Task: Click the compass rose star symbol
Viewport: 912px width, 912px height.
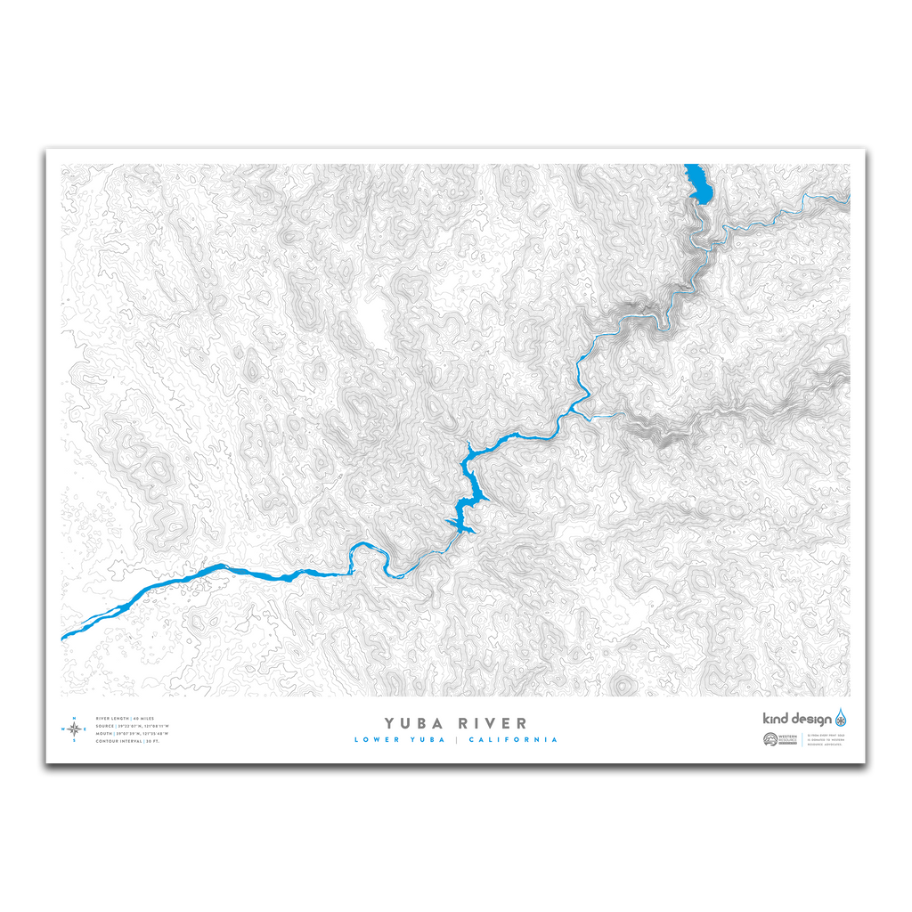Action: point(75,729)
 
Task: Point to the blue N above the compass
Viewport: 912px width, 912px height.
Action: point(75,718)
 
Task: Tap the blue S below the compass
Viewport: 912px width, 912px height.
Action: point(75,741)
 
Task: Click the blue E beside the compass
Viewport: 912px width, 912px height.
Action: point(85,729)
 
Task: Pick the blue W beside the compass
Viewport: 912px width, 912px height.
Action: point(63,729)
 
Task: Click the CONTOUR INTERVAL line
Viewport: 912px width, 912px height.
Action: point(128,741)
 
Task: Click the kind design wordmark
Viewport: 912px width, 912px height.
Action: point(797,719)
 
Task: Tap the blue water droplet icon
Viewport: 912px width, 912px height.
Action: point(841,718)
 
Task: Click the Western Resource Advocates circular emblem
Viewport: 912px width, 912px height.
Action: point(769,739)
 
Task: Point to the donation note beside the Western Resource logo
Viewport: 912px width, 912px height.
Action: point(828,739)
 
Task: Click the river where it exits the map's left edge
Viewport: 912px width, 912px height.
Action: point(67,635)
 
